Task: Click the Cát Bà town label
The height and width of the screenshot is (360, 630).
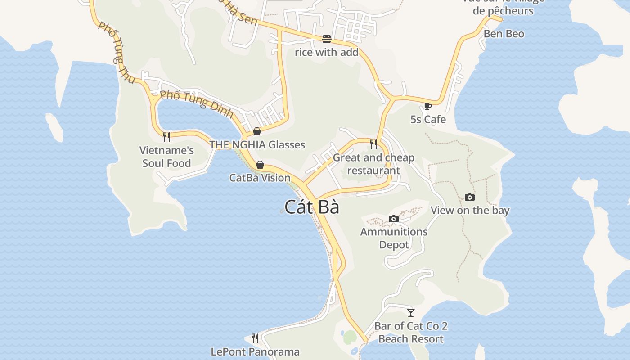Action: point(311,207)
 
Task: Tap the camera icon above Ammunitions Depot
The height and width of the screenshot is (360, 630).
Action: point(394,219)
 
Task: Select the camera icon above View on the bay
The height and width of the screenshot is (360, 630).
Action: point(469,198)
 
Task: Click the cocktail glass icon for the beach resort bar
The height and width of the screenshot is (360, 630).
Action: point(410,312)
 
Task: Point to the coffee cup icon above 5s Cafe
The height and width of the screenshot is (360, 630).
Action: point(427,107)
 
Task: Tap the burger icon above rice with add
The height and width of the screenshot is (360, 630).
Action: point(327,39)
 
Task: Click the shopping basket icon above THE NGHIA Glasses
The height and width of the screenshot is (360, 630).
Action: point(257,131)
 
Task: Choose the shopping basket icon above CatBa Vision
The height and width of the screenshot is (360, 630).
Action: point(260,165)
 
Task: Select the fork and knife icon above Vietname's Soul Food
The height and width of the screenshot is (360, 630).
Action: point(166,137)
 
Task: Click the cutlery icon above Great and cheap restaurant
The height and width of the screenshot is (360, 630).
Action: point(373,144)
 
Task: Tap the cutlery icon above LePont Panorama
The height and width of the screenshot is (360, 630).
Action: point(255,338)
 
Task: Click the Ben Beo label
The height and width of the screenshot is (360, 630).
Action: point(504,34)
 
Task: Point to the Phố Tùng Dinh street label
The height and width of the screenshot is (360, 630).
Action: point(197,103)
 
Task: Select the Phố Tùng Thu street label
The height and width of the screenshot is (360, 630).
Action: point(117,53)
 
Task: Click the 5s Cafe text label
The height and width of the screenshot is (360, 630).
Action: point(428,119)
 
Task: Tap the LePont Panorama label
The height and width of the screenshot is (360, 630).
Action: point(255,351)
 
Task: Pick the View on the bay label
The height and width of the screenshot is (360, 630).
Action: point(470,210)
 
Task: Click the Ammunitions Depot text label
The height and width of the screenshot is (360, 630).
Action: point(394,238)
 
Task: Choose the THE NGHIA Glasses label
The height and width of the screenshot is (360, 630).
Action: point(257,144)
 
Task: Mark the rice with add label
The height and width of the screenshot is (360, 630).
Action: point(327,52)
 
